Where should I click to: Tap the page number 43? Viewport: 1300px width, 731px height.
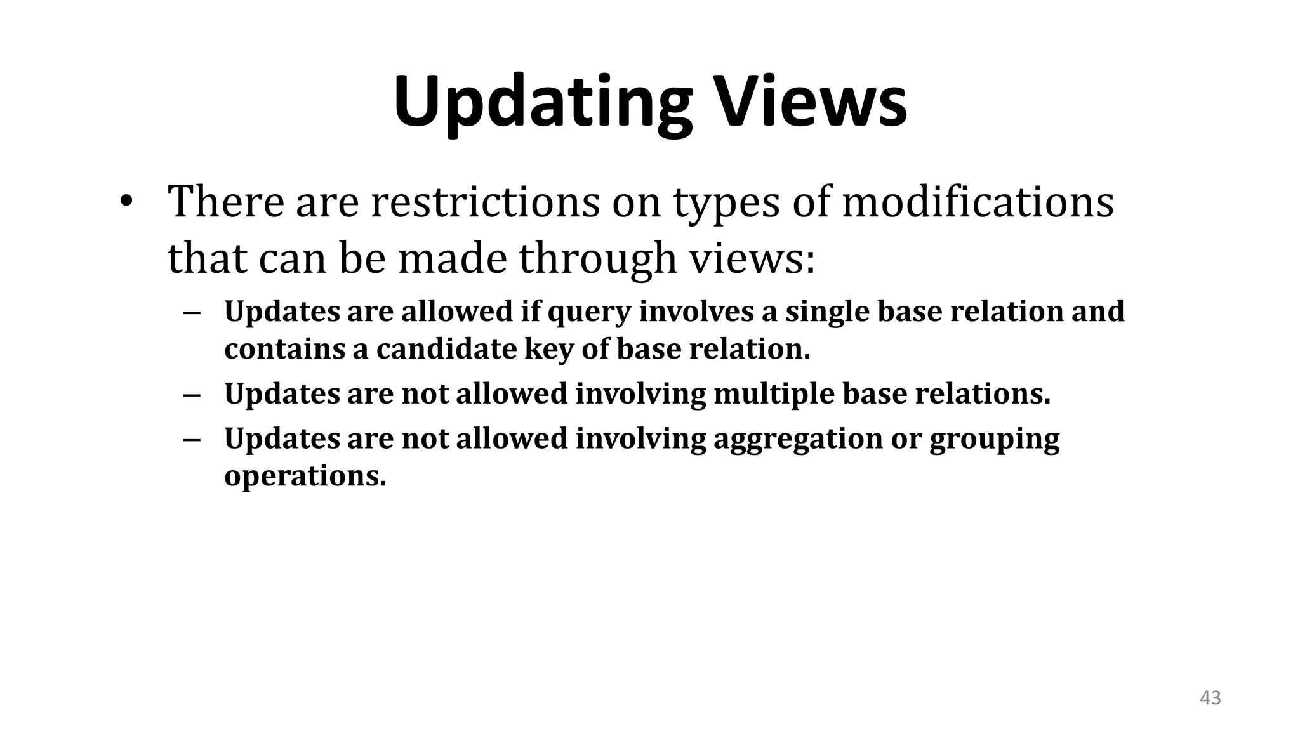click(1210, 698)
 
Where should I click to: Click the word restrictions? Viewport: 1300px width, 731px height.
click(485, 202)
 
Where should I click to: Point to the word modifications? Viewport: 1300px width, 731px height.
click(978, 202)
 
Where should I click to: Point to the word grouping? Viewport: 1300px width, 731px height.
click(994, 439)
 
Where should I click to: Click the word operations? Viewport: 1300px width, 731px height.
click(305, 477)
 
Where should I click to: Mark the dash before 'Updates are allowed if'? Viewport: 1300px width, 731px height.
click(191, 312)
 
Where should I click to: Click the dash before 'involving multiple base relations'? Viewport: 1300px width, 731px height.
click(191, 395)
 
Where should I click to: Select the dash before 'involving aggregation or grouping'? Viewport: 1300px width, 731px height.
click(191, 439)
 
